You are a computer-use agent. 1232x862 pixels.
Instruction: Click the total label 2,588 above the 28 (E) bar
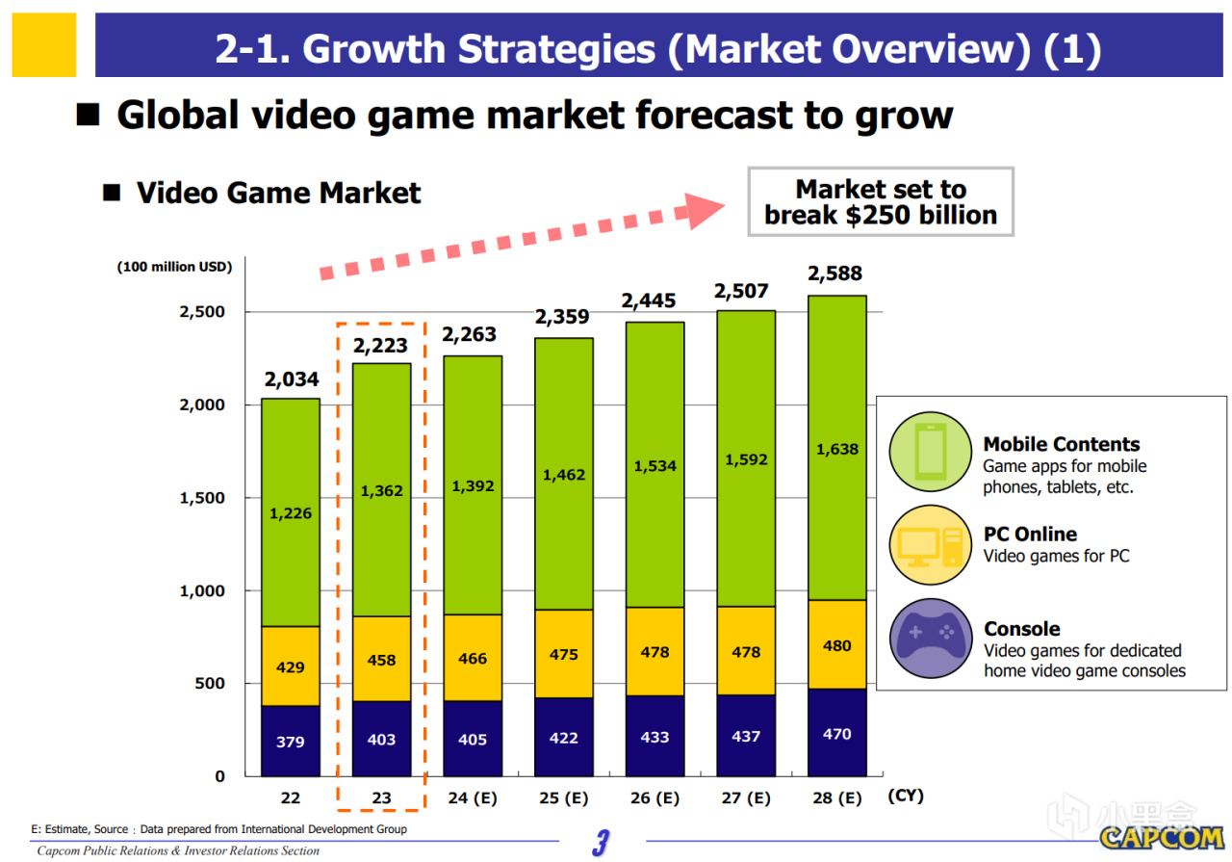click(835, 274)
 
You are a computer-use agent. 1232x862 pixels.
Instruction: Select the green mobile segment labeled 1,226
click(291, 512)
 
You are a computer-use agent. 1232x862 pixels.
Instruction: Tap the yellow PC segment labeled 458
click(381, 660)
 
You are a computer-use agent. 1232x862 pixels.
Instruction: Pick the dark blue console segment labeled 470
click(836, 733)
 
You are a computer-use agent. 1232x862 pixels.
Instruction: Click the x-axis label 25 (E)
click(563, 797)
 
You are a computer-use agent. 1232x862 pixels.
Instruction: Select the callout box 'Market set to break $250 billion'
click(881, 201)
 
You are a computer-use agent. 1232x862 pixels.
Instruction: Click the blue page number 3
click(601, 843)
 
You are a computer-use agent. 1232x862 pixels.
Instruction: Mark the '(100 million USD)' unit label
click(174, 267)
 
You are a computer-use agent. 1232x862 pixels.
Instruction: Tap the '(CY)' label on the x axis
click(907, 797)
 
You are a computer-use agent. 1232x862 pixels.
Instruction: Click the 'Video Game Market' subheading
click(278, 193)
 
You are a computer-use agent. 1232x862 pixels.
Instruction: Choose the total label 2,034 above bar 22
click(292, 380)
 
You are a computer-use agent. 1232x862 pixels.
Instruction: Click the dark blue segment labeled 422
click(563, 737)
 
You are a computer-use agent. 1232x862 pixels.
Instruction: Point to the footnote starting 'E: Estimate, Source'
click(218, 829)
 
